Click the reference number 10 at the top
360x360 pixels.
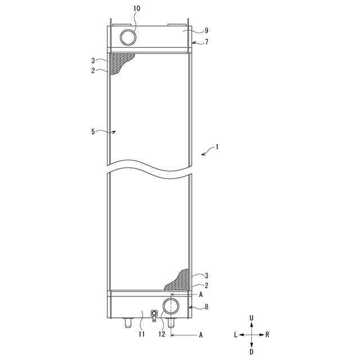137,8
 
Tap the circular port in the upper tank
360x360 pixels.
128,38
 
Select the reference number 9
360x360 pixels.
206,30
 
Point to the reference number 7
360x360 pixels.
206,42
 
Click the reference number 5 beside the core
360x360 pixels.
93,132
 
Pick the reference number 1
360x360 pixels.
217,147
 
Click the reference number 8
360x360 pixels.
206,307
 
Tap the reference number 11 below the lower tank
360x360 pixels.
142,334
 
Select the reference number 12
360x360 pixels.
162,334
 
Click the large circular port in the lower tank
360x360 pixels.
171,306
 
